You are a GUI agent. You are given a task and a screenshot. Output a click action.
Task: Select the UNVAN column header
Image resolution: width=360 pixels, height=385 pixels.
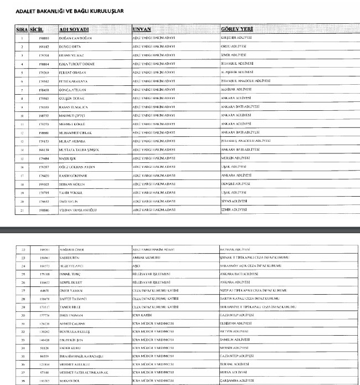click(143, 28)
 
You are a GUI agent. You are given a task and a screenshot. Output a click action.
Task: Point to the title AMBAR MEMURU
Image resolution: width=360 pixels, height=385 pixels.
click(146, 258)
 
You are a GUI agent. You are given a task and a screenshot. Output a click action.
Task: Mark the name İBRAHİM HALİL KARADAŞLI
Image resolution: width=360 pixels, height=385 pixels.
click(81, 357)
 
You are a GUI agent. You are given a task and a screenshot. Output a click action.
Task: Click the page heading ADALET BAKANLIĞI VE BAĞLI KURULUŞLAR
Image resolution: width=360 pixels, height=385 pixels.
click(65, 11)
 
